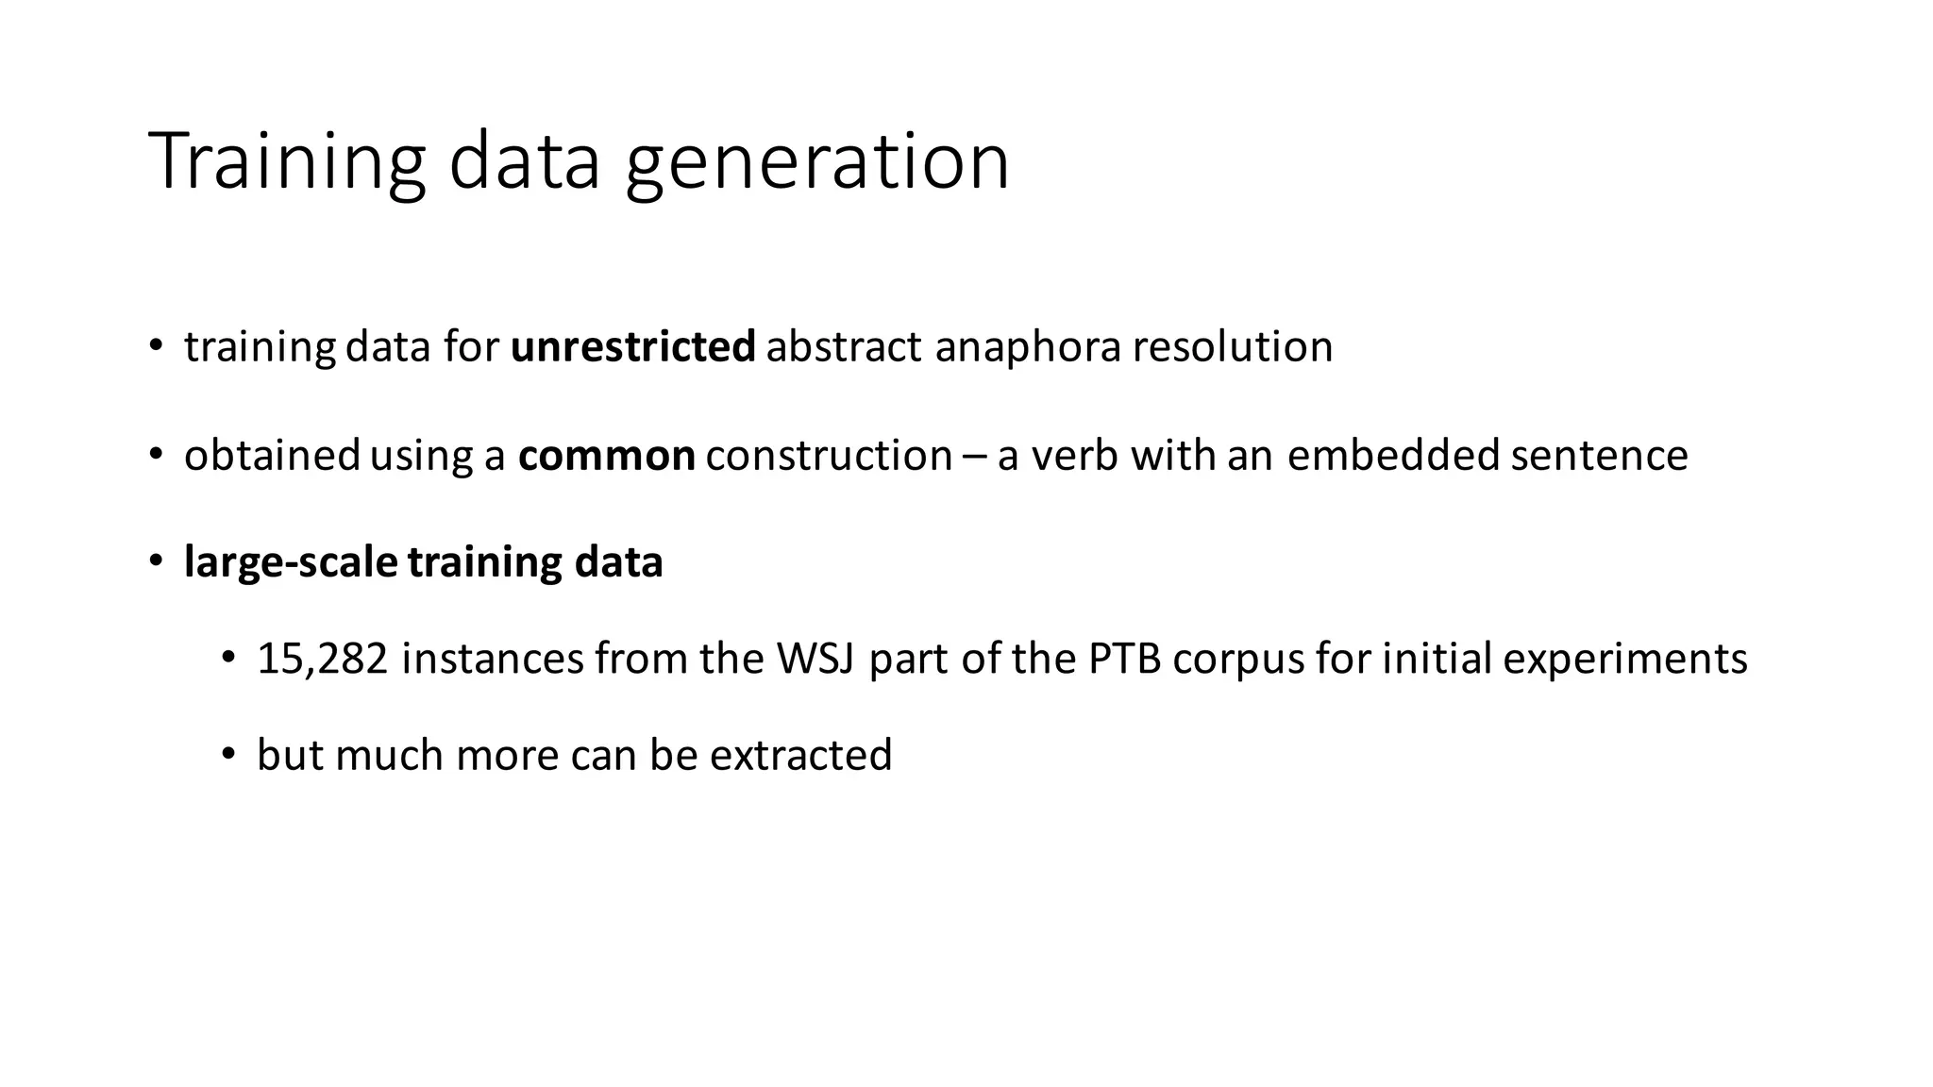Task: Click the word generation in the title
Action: pyautogui.click(x=817, y=162)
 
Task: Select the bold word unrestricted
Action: pyautogui.click(x=632, y=346)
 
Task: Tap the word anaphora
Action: pyautogui.click(x=1028, y=348)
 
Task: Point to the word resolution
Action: pyautogui.click(x=1233, y=346)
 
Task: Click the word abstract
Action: pyautogui.click(x=844, y=346)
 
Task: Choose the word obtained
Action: pyautogui.click(x=272, y=455)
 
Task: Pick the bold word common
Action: pyautogui.click(x=607, y=456)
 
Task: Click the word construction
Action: pyautogui.click(x=829, y=455)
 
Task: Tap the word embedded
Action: pyautogui.click(x=1393, y=455)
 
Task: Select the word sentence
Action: pyautogui.click(x=1599, y=455)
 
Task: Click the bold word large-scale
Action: pyautogui.click(x=291, y=563)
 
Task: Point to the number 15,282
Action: pyautogui.click(x=322, y=659)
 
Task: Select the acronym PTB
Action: pyautogui.click(x=1124, y=659)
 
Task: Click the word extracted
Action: pyautogui.click(x=800, y=755)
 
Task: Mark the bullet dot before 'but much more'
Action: pyautogui.click(x=227, y=754)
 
